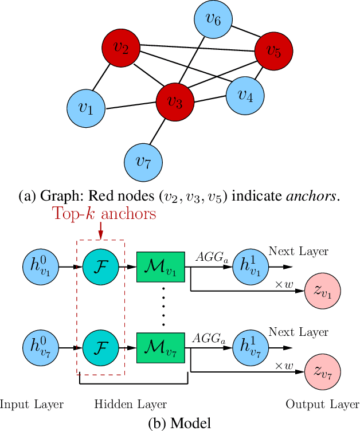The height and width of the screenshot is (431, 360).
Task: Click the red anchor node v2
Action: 122,47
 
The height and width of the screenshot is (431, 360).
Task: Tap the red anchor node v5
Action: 274,52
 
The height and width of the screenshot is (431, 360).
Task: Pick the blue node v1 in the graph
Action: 86,108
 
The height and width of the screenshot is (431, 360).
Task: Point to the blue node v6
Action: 213,21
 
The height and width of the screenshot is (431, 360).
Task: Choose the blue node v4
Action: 245,96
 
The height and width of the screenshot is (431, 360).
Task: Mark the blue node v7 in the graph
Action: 143,161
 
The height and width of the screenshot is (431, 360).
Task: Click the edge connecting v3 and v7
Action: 159,132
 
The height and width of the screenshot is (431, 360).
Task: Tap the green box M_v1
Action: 160,267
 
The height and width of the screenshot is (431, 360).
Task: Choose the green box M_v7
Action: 160,347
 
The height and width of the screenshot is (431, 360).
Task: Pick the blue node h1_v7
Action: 250,347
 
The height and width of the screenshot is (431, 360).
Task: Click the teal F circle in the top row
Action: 100,267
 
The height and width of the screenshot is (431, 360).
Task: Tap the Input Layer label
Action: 32,405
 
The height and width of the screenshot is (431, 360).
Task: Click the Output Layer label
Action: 323,405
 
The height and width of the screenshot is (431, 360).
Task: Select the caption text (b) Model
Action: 179,423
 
